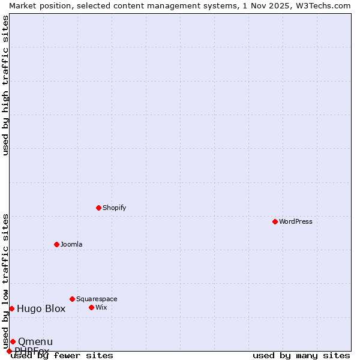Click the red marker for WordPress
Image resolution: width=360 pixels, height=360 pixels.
[275, 221]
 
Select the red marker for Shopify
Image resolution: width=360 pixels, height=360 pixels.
[98, 208]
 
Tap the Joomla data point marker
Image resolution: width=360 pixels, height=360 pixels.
[56, 244]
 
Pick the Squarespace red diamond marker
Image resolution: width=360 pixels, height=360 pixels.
[72, 299]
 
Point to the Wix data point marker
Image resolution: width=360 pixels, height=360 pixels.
[91, 307]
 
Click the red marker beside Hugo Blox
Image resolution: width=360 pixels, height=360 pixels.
[11, 308]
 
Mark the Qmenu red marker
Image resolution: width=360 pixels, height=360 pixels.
[13, 341]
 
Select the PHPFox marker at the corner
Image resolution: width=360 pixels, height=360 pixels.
[9, 351]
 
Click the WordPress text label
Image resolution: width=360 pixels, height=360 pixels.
[296, 221]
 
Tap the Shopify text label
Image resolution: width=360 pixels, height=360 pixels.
[114, 208]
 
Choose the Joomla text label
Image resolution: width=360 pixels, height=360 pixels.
[71, 244]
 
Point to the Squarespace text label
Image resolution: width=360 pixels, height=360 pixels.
[97, 299]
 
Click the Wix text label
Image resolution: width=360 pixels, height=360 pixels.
[101, 307]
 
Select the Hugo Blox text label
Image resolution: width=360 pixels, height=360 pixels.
[41, 309]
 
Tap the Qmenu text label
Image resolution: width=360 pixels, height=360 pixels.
[35, 342]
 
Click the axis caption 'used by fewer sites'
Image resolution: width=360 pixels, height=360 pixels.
[62, 356]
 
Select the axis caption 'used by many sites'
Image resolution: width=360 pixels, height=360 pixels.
[301, 356]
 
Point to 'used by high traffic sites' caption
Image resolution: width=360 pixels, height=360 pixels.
[5, 85]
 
